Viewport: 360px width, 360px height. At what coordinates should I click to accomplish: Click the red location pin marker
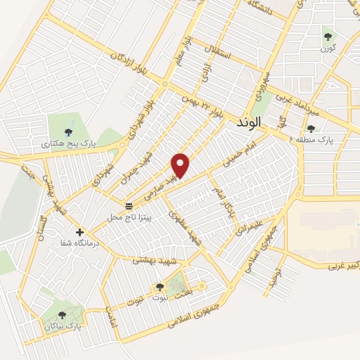tap(181, 165)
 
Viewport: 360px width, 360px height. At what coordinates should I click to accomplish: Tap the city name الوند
tap(249, 122)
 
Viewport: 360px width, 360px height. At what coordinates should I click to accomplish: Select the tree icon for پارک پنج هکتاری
tap(68, 131)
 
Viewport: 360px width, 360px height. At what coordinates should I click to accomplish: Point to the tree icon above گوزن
tap(328, 36)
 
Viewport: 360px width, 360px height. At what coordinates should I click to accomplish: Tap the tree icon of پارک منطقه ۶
tap(311, 128)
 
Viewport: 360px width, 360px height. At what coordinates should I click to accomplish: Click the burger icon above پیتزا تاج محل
tap(129, 206)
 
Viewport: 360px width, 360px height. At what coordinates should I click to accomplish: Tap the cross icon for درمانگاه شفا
tap(79, 232)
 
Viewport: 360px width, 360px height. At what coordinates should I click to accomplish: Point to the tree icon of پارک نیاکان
tap(62, 316)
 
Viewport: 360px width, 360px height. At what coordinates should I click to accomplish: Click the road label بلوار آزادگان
tap(124, 63)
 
